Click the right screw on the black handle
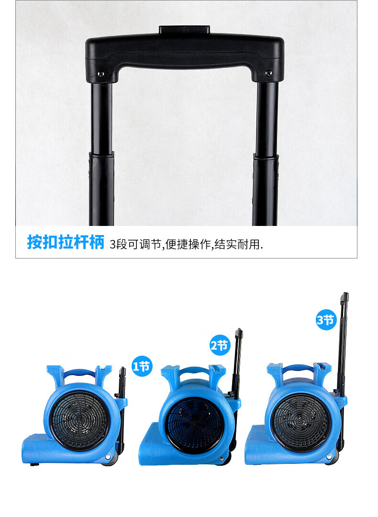tap(268, 73)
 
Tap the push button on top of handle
tap(185, 30)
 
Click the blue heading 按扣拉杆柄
tap(66, 242)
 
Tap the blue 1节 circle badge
tap(142, 366)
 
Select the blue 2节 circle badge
tap(220, 345)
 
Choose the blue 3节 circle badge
tap(325, 319)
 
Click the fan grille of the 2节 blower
tap(194, 426)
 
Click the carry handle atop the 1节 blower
tap(79, 373)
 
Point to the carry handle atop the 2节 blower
tap(194, 372)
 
